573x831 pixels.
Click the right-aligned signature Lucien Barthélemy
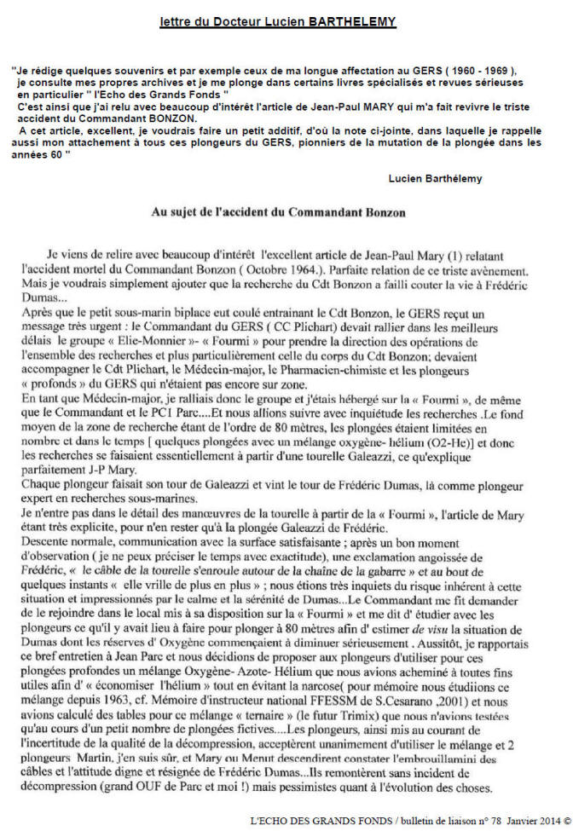(436, 178)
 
